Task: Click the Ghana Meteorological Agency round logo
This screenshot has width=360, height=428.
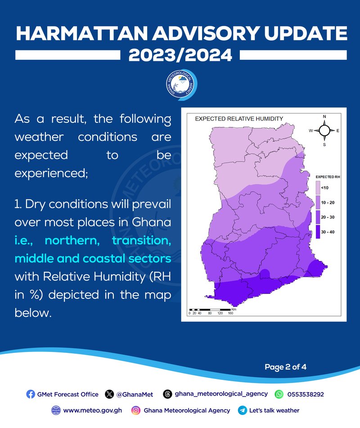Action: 181,85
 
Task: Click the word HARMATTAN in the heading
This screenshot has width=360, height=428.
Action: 82,33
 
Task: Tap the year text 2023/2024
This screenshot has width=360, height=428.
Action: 180,55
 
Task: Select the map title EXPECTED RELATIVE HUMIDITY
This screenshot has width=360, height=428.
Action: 239,119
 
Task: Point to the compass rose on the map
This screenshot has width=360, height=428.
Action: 324,131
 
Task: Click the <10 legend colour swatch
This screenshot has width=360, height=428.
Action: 318,188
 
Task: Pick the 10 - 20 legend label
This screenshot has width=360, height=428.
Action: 328,203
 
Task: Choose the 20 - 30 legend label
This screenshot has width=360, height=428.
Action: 328,217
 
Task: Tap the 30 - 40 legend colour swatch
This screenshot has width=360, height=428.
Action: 318,232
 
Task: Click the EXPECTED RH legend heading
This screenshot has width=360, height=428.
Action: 328,177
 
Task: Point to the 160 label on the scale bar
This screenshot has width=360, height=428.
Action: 230,313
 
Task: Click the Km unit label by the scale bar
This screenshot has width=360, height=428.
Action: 234,309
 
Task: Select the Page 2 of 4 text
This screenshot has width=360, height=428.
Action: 285,367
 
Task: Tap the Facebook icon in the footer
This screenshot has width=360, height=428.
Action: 31,394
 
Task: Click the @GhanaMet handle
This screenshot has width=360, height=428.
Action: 135,394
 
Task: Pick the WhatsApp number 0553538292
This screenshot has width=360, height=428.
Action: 306,394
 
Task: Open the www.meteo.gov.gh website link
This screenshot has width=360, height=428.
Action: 93,410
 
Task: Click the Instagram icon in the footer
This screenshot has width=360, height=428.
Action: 135,410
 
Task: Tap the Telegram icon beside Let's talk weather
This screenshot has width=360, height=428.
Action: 242,410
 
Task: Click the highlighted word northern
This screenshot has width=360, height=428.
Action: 72,240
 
